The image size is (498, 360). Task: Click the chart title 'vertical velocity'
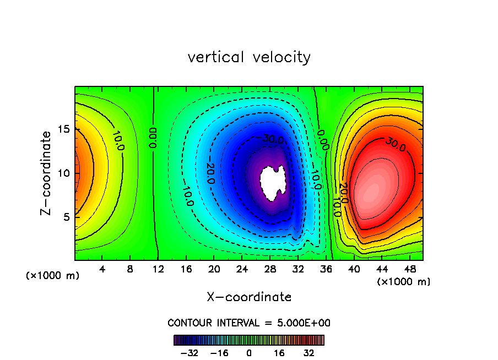click(x=249, y=57)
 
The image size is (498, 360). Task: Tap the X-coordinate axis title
click(x=249, y=297)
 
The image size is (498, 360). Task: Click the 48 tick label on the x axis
click(x=410, y=269)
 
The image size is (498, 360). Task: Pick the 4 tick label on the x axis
click(x=102, y=269)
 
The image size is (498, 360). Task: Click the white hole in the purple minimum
click(x=273, y=183)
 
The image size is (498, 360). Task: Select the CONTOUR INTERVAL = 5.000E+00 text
click(x=249, y=323)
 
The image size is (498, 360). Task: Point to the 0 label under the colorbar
click(x=249, y=352)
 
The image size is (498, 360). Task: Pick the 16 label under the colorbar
click(x=279, y=352)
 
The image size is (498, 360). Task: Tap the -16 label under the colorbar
click(x=220, y=352)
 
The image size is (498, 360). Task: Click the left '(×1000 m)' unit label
click(x=53, y=276)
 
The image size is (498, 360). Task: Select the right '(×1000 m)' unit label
click(x=404, y=282)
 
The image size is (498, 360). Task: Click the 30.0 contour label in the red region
click(x=394, y=144)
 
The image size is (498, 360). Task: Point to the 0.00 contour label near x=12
click(x=154, y=137)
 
